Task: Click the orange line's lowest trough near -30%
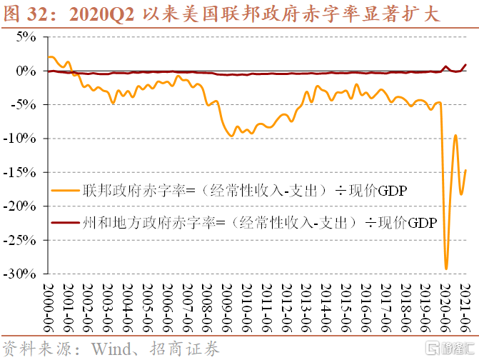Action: [x=446, y=269]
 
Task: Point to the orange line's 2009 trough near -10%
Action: [x=231, y=135]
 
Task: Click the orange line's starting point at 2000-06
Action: [x=49, y=57]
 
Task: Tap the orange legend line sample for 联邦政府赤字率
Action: [x=64, y=190]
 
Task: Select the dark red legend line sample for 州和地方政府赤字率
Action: [x=64, y=224]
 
